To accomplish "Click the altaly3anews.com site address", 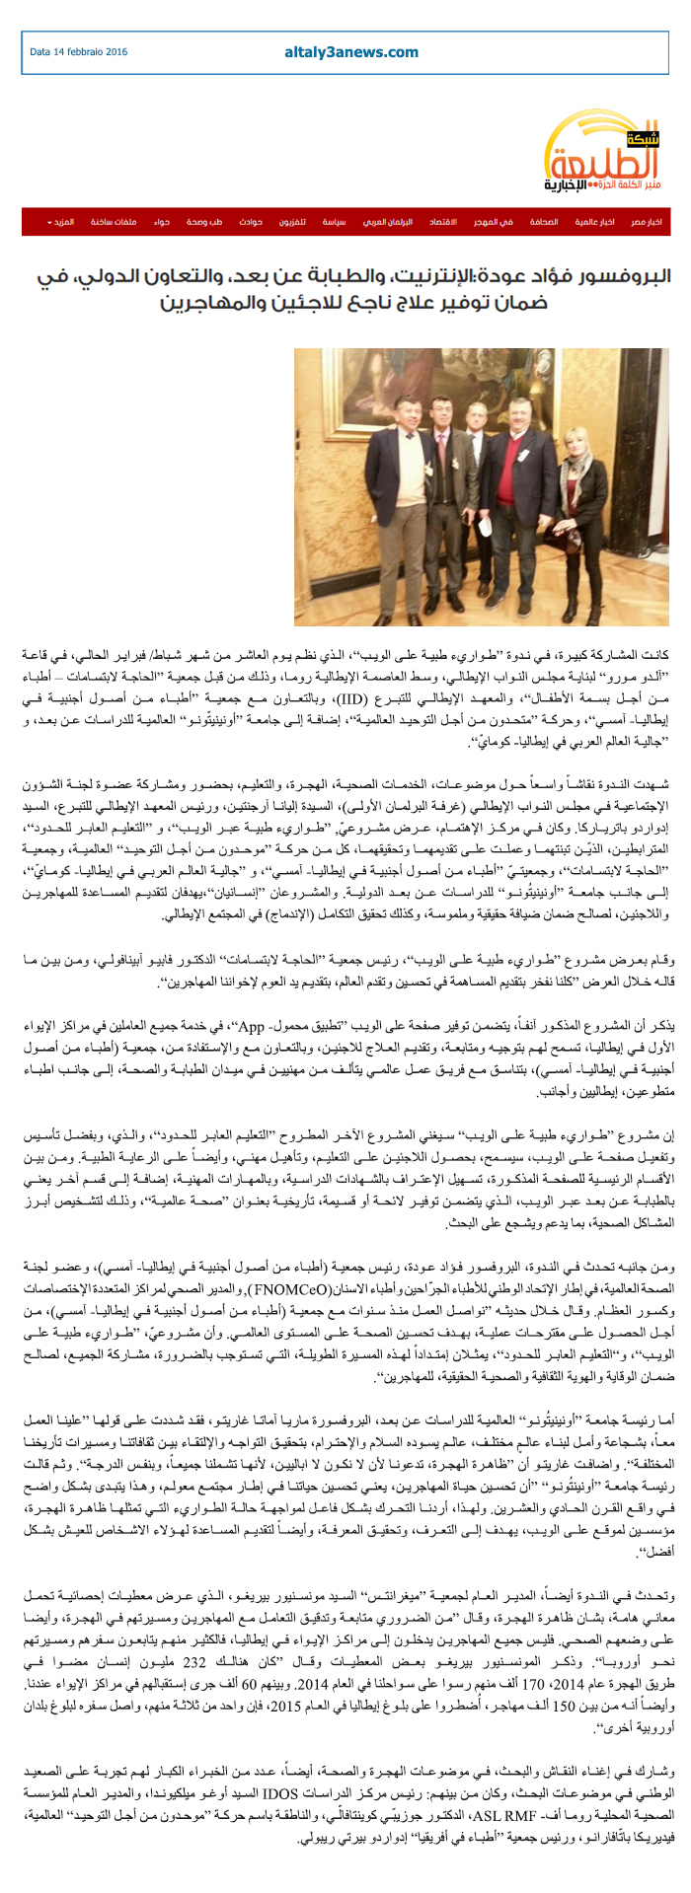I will (351, 52).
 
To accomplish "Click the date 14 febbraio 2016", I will (79, 52).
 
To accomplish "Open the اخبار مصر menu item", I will (648, 222).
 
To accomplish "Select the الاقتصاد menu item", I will (441, 222).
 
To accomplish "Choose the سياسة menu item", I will (334, 222).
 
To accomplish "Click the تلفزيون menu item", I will (290, 222).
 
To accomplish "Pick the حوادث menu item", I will (250, 222).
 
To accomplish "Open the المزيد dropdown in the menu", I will (60, 222).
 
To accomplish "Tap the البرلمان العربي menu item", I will (386, 222).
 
